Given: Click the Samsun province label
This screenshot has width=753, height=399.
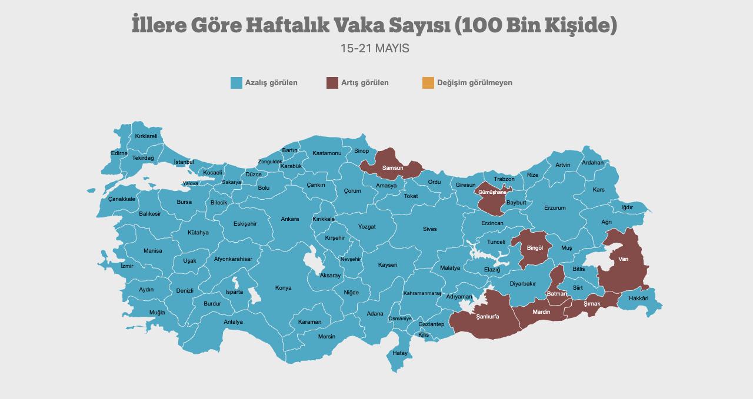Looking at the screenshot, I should tap(392, 169).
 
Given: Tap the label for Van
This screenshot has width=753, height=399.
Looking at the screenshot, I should tap(623, 259).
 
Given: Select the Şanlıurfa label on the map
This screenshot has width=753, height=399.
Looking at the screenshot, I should tap(488, 316).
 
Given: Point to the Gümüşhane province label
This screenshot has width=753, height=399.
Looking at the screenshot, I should tap(492, 192).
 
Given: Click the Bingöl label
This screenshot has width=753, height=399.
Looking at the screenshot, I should tap(535, 248).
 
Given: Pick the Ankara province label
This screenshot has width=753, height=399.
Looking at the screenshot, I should tap(289, 219).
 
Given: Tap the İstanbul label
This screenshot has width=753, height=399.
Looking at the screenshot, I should tap(184, 162).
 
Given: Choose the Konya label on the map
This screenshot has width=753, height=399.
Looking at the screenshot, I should tap(283, 288).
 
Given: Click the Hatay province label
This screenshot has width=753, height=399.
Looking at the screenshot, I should tap(400, 353).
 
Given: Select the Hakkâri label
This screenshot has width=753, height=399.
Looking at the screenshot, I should tap(638, 299).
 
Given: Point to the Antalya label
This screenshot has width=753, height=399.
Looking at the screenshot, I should tap(233, 322).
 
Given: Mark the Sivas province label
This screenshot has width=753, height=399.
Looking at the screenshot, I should tap(429, 229).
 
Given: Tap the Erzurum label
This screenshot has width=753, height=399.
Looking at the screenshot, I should tap(555, 208).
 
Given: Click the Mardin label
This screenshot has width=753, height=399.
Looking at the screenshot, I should tap(541, 312).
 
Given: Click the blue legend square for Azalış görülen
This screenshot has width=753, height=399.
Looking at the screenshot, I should tap(236, 83).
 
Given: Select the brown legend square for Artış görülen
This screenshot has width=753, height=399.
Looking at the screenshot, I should tap(332, 83).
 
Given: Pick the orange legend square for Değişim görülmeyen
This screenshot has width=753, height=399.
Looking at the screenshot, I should tap(428, 83).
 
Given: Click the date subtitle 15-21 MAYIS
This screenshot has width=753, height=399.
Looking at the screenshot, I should tap(375, 49).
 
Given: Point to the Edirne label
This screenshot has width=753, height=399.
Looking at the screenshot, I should tap(119, 153).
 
